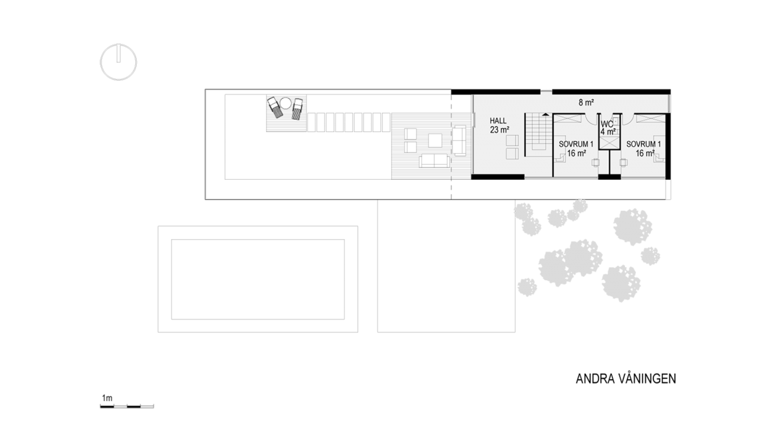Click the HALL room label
pos(498,121)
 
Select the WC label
pos(607,124)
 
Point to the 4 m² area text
pos(607,132)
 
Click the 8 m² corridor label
pos(587,102)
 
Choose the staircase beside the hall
pos(536,133)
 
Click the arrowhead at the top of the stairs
pos(546,114)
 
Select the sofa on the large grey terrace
pos(434,160)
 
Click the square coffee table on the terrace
pos(434,139)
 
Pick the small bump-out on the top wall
pos(546,91)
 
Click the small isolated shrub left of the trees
pos(527,287)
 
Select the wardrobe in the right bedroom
pos(649,118)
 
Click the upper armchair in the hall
pos(512,140)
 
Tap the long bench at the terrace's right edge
pos(459,140)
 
